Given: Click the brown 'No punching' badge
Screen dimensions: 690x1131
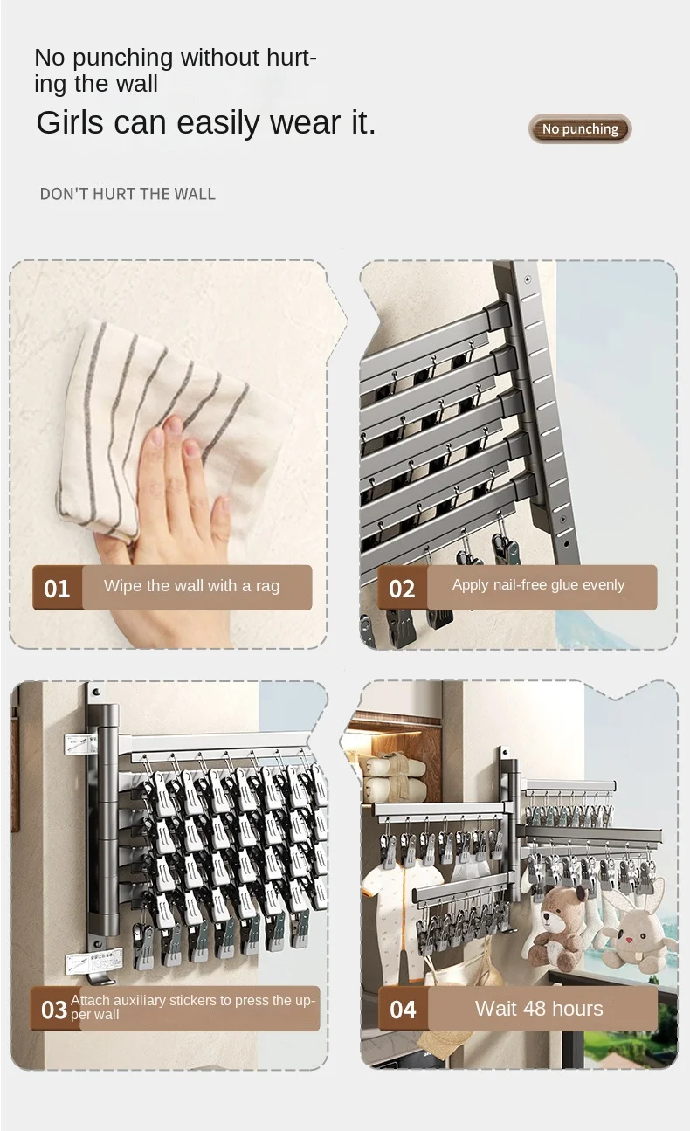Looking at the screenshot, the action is click(580, 128).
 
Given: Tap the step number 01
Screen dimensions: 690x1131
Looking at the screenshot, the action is click(57, 589).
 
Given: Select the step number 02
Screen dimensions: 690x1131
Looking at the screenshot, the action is click(402, 589).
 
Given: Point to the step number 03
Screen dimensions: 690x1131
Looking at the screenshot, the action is click(53, 1010).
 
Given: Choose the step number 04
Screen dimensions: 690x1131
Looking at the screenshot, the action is click(403, 1010).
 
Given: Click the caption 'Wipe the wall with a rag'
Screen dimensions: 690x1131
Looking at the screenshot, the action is click(191, 586).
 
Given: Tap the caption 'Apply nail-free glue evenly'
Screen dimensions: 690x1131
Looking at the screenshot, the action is click(539, 584).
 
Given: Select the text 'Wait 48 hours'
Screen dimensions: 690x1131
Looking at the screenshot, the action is click(539, 1009).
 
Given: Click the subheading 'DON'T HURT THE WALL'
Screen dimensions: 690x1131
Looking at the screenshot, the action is click(128, 194).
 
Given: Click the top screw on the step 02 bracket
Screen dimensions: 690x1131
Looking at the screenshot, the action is click(528, 279).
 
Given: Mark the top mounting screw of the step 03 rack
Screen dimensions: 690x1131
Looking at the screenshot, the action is click(96, 691).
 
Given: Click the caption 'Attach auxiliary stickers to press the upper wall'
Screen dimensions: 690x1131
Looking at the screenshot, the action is click(192, 1007).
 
